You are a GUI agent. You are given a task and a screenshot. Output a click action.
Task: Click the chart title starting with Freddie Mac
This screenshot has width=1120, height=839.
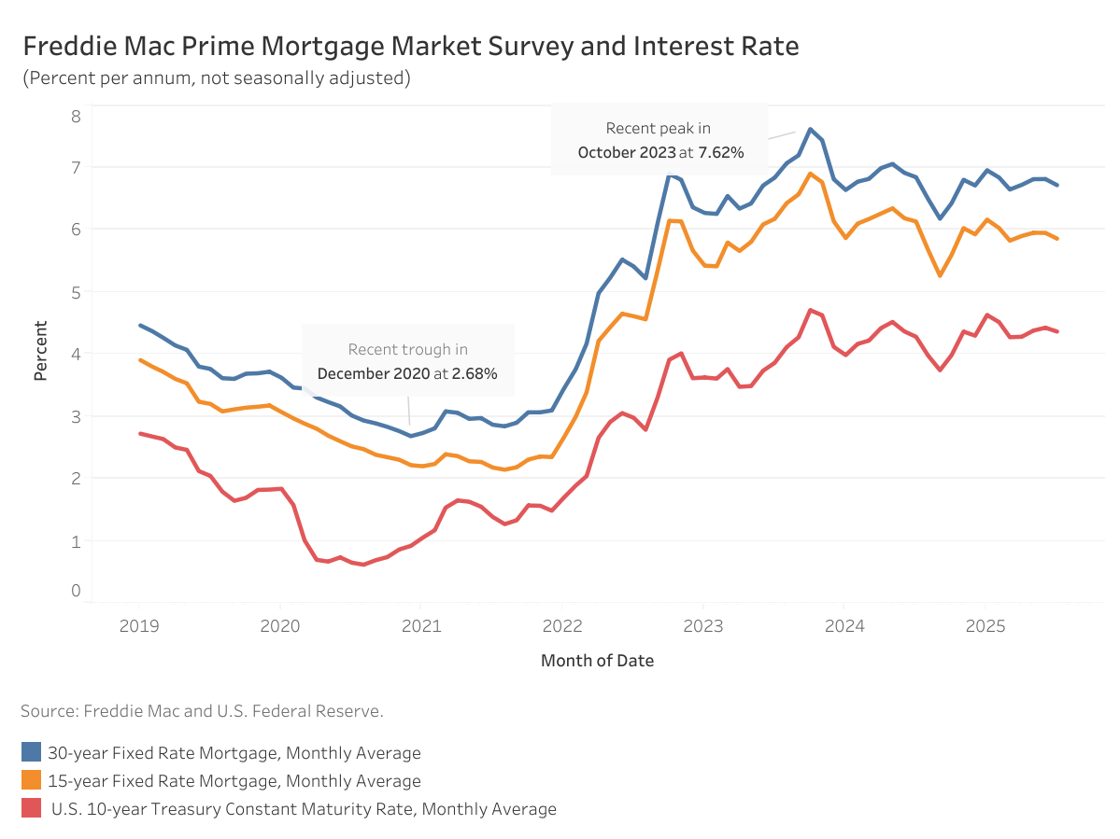click(410, 47)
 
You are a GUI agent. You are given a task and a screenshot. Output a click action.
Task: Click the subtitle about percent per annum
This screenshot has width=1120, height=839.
click(217, 77)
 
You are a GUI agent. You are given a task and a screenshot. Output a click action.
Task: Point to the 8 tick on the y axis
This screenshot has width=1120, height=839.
click(76, 116)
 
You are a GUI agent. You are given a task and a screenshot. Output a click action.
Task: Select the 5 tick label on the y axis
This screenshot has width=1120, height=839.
click(76, 291)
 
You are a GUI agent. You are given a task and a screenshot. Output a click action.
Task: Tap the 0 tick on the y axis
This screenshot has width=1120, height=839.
click(76, 590)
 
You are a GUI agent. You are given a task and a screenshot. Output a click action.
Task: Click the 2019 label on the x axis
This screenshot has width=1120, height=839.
click(138, 626)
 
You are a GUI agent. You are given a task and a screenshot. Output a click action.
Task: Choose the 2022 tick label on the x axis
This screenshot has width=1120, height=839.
click(562, 626)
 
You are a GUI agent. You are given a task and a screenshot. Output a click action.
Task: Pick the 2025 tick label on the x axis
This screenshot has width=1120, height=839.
click(985, 626)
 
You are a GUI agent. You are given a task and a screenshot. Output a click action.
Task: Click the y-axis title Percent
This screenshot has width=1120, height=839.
click(41, 351)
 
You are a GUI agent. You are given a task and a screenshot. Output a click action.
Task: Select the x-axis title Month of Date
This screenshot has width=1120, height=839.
click(597, 661)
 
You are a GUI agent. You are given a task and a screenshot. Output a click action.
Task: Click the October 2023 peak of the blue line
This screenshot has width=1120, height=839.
click(810, 129)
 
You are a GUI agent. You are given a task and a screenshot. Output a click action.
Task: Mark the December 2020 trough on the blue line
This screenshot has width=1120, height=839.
click(410, 436)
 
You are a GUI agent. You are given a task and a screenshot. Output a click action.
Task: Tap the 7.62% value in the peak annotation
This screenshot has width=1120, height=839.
click(720, 152)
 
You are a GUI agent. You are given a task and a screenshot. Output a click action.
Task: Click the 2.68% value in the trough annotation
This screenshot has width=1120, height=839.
click(474, 373)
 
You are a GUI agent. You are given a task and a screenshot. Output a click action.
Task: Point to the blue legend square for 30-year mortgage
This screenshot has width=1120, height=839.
click(32, 752)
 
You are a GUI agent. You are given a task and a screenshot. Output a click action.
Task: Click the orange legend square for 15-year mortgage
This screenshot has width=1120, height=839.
click(32, 780)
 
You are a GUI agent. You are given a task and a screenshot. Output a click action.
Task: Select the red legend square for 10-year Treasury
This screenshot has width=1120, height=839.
click(32, 808)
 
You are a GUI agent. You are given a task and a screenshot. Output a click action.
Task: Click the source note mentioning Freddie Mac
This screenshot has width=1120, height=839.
click(202, 711)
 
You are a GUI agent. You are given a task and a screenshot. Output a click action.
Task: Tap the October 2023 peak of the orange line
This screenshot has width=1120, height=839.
click(810, 174)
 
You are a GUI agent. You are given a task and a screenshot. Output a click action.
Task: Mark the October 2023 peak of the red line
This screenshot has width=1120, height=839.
click(810, 310)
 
